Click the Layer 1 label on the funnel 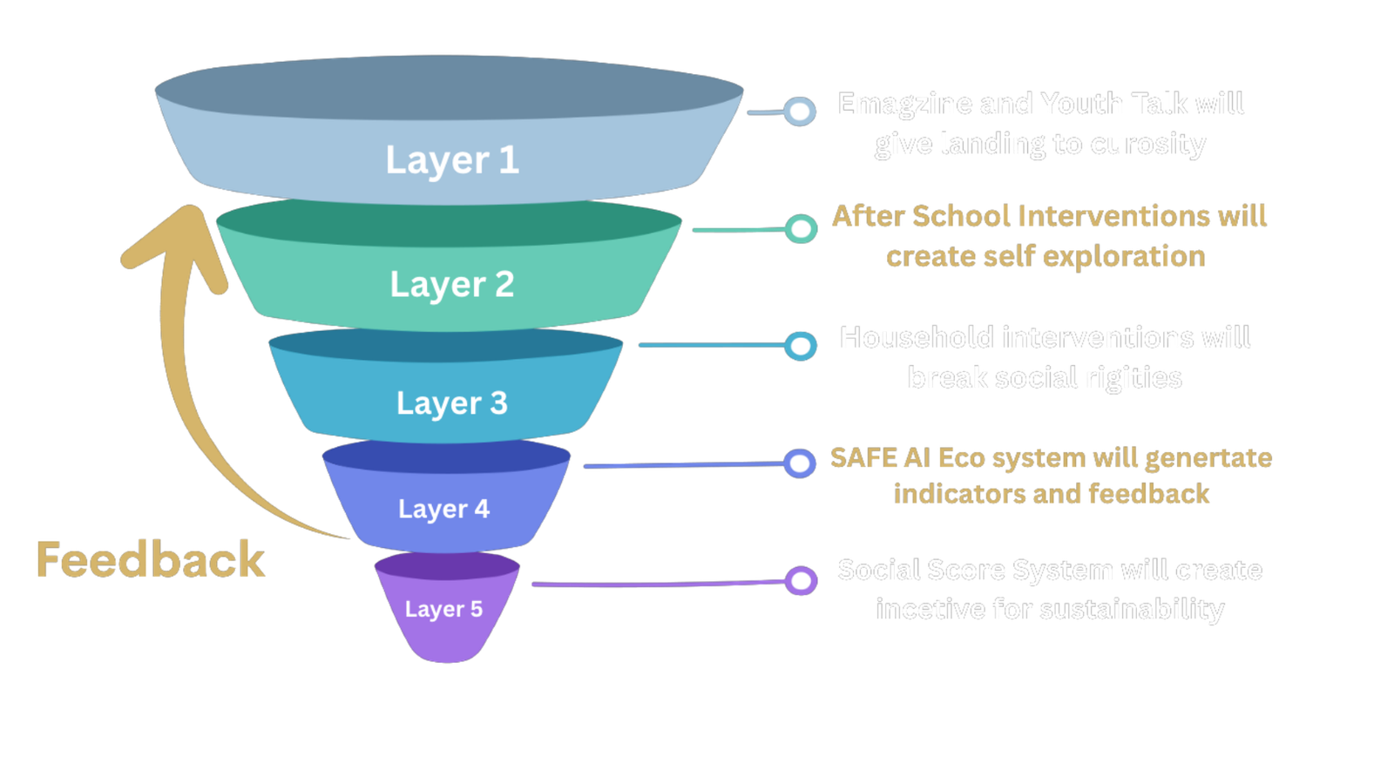[x=452, y=160]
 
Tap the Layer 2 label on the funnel [x=451, y=285]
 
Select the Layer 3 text [x=451, y=403]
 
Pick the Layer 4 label [x=443, y=509]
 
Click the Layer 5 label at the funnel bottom [x=443, y=609]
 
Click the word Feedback [x=150, y=560]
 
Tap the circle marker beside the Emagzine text [x=799, y=112]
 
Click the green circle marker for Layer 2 [x=800, y=229]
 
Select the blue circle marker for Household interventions [x=800, y=346]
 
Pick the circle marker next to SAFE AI [x=799, y=463]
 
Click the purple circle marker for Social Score [x=800, y=580]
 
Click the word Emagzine [x=903, y=105]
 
